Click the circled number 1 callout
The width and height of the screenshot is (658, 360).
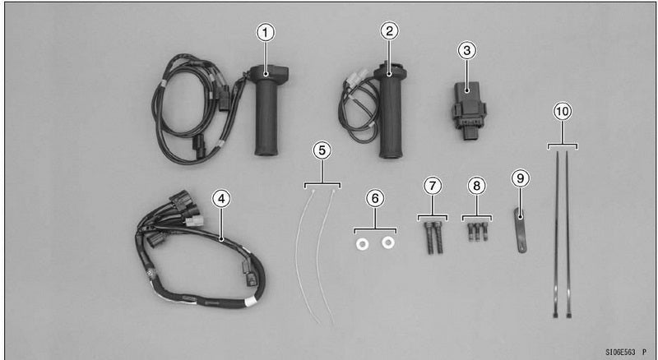265,33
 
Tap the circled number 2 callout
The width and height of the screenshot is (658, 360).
389,31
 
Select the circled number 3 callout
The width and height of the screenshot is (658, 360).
466,51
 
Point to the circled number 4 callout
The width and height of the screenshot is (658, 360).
221,198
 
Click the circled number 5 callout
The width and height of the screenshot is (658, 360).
322,151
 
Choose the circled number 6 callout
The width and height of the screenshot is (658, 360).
375,198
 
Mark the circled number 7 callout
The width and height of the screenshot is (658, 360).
433,186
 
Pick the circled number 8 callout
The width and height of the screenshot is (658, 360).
477,186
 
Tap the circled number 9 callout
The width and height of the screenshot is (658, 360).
521,178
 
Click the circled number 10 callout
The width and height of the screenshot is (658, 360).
563,111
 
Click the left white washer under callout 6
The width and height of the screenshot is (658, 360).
362,244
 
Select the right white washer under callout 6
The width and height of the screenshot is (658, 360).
388,242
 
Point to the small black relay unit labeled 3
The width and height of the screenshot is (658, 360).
468,110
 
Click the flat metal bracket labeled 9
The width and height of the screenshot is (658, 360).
520,231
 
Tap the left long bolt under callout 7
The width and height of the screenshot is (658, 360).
429,238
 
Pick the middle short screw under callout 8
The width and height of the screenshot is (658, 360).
478,232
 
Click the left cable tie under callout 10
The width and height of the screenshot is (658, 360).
557,234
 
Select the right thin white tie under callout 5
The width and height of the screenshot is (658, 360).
324,256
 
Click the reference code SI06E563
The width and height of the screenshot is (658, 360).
620,352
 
